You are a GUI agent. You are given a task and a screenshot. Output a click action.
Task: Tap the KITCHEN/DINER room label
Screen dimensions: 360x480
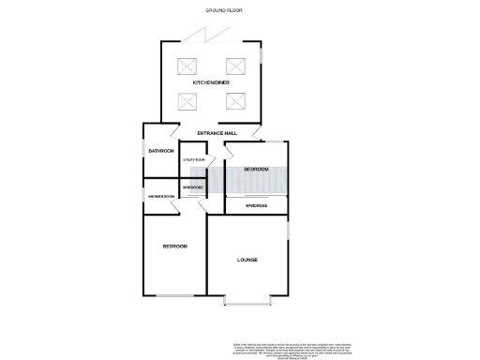pos(211,83)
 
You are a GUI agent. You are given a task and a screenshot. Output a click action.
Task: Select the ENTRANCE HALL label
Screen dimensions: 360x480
pos(217,133)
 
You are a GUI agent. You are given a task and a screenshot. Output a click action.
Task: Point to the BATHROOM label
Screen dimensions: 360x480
pos(161,151)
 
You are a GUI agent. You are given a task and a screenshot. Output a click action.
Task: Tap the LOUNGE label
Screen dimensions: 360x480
pos(247,260)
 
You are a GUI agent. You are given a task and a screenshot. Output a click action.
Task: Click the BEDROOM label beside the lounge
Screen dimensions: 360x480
pos(175,247)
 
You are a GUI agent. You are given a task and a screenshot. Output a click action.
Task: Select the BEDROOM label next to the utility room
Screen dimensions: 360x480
pos(256,169)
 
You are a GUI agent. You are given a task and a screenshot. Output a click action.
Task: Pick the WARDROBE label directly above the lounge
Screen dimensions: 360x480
pos(256,204)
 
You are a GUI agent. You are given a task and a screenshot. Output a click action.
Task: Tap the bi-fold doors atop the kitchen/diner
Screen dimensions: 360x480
pos(202,36)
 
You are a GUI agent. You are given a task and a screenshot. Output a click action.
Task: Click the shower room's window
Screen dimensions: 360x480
pos(143,196)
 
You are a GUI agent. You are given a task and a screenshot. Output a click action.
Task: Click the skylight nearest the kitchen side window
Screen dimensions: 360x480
pos(234,67)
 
